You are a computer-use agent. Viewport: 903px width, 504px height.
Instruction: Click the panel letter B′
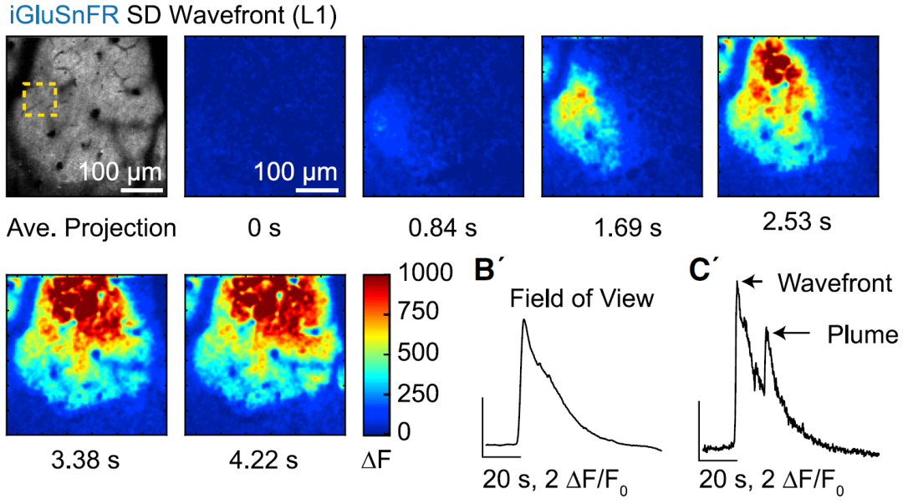point(492,272)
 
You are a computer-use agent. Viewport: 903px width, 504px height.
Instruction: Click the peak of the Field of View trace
point(524,320)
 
